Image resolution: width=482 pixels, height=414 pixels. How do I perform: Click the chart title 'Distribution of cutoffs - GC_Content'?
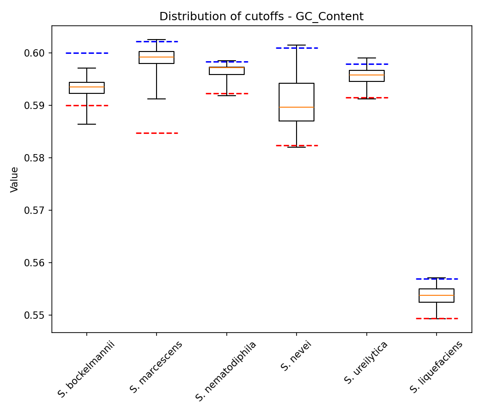pyautogui.click(x=261, y=17)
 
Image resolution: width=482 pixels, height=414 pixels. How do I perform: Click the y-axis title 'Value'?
pyautogui.click(x=15, y=179)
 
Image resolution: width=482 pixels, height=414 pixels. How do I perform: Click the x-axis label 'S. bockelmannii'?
pyautogui.click(x=86, y=369)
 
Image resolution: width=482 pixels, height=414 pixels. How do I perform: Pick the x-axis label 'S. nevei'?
pyautogui.click(x=296, y=356)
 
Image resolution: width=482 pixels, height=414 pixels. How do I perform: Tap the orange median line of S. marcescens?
pyautogui.click(x=157, y=57)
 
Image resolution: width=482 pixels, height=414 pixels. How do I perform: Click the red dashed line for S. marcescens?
pyautogui.click(x=157, y=133)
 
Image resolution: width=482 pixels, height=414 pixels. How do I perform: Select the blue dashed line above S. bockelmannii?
pyautogui.click(x=87, y=53)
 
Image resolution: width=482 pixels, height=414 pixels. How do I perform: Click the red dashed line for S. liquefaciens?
pyautogui.click(x=437, y=318)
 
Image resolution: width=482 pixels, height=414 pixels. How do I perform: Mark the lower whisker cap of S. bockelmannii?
pyautogui.click(x=87, y=124)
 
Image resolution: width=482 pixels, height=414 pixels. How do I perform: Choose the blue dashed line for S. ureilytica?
pyautogui.click(x=367, y=64)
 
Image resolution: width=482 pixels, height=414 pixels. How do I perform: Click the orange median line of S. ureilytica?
pyautogui.click(x=367, y=75)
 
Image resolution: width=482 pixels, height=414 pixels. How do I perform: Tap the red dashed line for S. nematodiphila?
pyautogui.click(x=227, y=93)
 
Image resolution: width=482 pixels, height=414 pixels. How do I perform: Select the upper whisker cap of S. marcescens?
pyautogui.click(x=157, y=40)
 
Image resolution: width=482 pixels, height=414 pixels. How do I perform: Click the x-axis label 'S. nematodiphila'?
pyautogui.click(x=226, y=371)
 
